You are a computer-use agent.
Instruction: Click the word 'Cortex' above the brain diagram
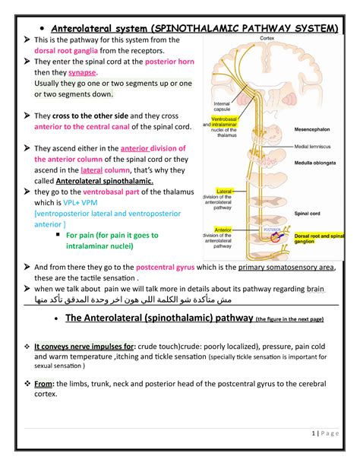pos(267,36)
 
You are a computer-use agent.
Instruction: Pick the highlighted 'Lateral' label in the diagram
pos(224,192)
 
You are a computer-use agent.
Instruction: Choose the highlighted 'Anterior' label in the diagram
pos(224,229)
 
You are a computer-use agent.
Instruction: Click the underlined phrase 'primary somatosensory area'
pos(288,268)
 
